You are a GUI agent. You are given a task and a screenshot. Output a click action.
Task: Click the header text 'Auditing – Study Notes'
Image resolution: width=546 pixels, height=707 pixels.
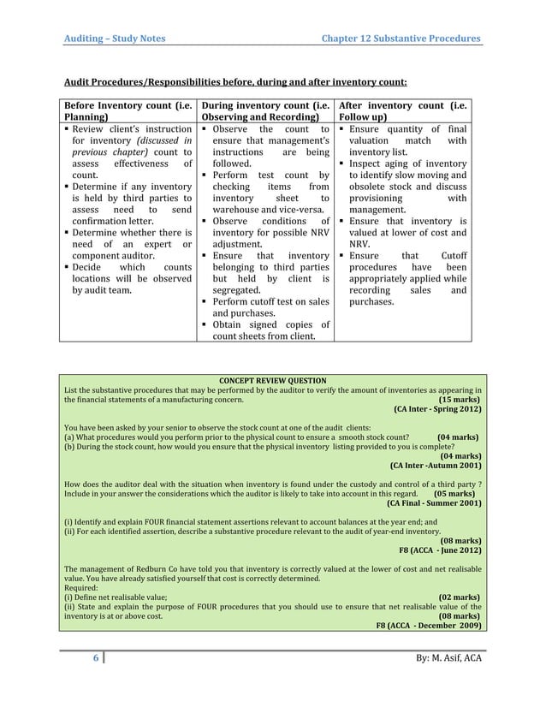coord(116,39)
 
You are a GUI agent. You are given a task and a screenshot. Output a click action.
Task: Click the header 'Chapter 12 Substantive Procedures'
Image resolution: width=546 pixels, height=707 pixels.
coord(400,39)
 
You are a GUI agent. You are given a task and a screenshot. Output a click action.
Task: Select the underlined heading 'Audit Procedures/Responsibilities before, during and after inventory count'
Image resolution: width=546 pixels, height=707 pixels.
coord(236,83)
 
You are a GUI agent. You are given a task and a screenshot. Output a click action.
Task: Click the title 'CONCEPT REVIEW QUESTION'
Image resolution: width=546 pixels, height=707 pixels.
coord(273,380)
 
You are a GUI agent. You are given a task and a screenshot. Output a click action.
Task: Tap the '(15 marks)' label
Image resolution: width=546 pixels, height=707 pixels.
coord(459,400)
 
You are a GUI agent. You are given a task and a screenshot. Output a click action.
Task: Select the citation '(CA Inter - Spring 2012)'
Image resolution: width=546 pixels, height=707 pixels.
coord(436,410)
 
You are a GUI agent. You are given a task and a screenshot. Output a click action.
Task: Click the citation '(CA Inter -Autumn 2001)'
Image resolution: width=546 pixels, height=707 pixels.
coord(435,466)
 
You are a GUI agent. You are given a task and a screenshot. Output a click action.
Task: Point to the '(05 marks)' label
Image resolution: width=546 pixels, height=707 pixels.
coord(454,494)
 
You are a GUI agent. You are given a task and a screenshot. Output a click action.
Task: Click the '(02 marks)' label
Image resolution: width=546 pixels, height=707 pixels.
coord(459,597)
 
